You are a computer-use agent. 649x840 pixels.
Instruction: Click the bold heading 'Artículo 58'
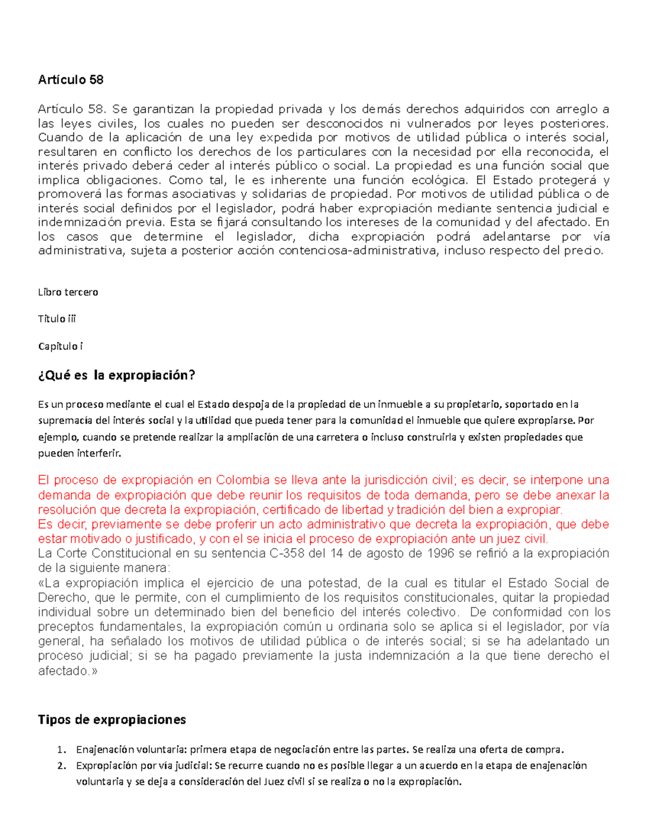(70, 80)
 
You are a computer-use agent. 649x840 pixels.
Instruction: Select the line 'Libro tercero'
(68, 292)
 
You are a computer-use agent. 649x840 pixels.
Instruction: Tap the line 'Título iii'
(57, 319)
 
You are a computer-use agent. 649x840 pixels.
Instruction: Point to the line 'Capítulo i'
(60, 346)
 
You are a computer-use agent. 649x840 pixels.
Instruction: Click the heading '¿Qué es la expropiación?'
(116, 375)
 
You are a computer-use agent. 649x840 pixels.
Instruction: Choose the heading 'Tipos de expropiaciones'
(112, 719)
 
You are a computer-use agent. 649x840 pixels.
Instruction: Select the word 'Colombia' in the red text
(243, 480)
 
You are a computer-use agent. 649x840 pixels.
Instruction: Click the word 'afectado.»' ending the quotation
(69, 671)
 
